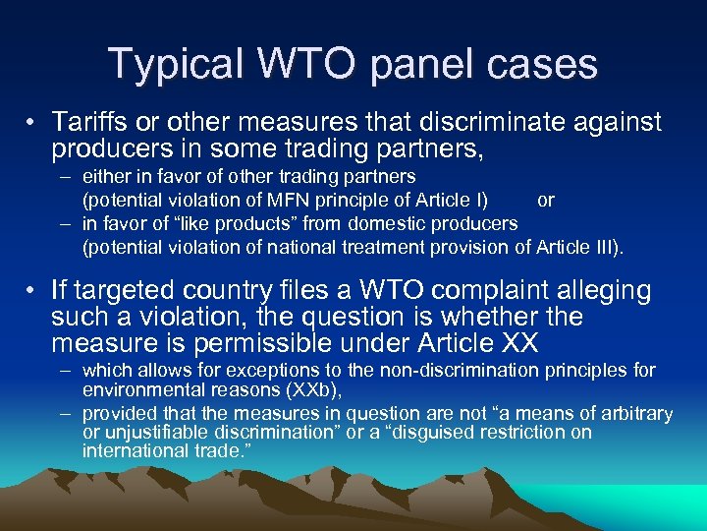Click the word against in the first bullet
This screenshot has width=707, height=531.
tap(614, 123)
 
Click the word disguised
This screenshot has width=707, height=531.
tap(433, 433)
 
